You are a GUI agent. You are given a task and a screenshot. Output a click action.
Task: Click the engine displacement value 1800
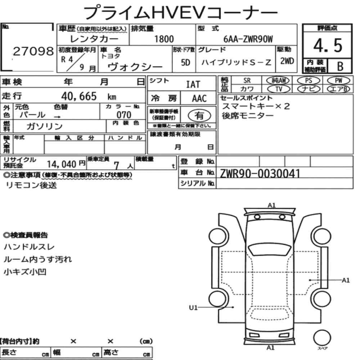coord(164,39)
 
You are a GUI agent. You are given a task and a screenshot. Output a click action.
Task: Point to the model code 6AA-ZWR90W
coord(247,39)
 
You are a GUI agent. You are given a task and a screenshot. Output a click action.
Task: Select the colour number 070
coord(123,115)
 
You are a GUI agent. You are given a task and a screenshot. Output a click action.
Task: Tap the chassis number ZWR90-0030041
coord(260,173)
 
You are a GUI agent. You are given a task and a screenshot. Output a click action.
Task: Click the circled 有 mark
coord(199,115)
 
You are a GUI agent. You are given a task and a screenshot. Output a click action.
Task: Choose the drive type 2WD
coord(287,61)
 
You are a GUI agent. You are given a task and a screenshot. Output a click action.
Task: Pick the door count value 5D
coord(185,62)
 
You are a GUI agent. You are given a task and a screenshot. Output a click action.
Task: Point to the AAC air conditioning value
coord(199,99)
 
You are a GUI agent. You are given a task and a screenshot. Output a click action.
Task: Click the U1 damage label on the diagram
coord(193,307)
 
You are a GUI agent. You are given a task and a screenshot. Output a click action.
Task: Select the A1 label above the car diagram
coord(271,205)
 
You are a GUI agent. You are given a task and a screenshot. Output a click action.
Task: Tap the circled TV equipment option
coord(279,89)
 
